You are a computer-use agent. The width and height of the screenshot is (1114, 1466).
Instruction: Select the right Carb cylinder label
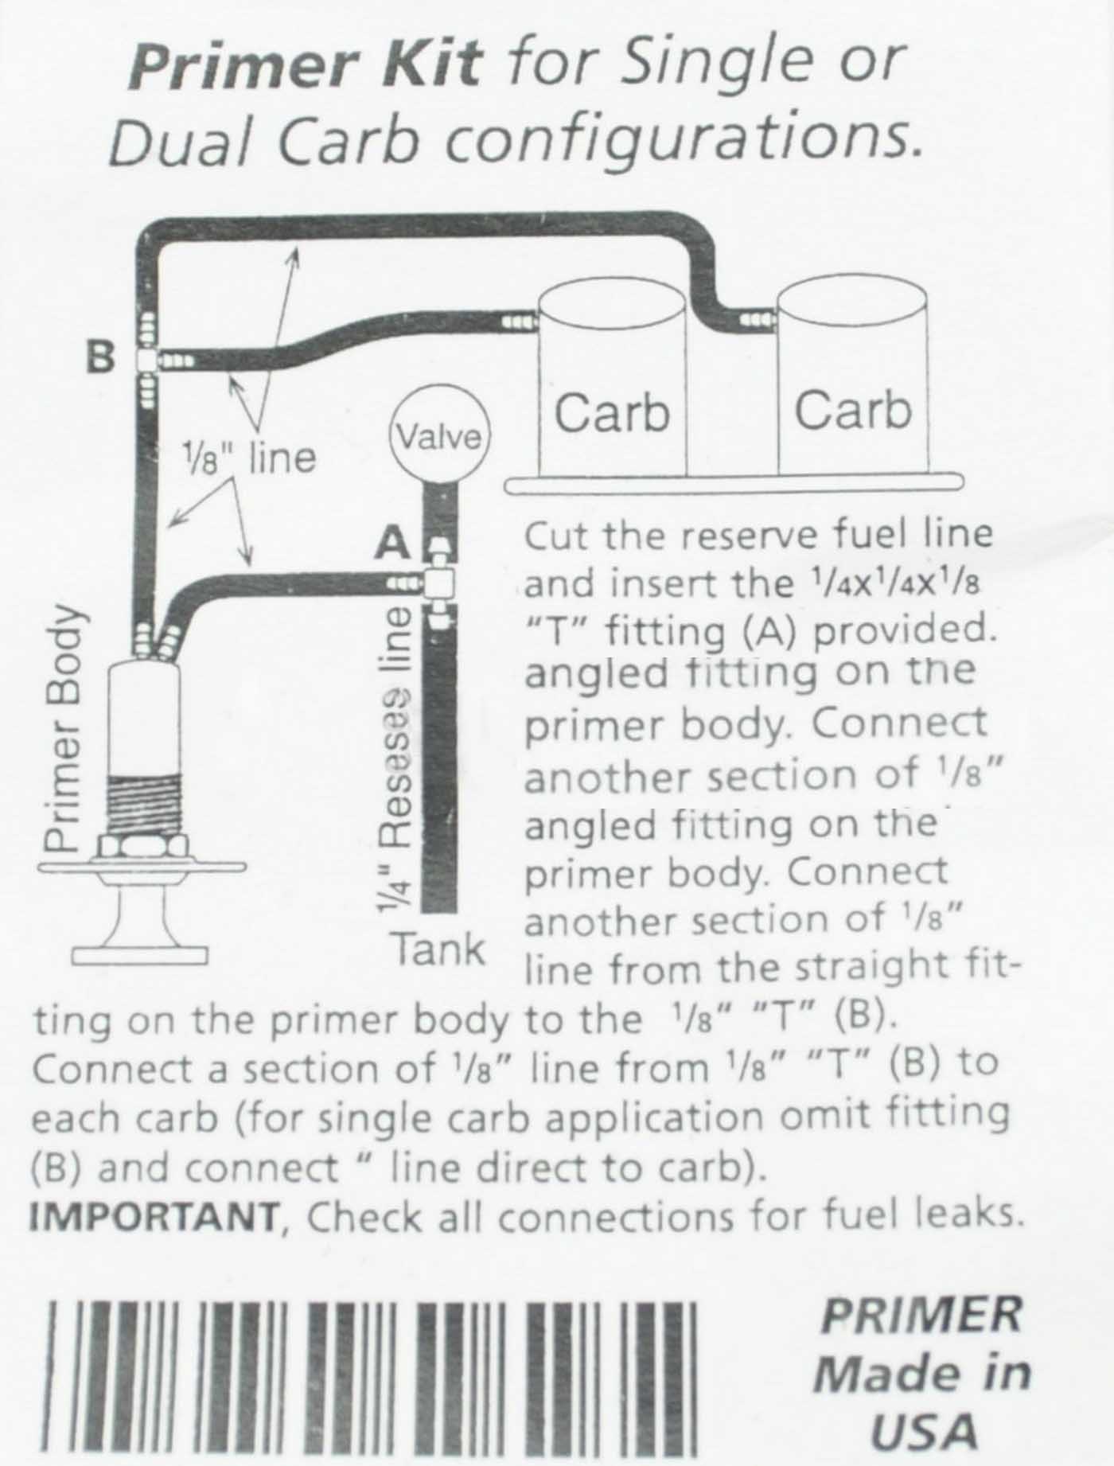(x=852, y=411)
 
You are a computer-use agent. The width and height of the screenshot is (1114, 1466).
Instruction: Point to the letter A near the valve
(x=392, y=544)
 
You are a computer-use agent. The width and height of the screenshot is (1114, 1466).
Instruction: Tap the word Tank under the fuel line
(x=438, y=949)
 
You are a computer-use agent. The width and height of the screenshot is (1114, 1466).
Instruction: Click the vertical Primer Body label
(x=63, y=727)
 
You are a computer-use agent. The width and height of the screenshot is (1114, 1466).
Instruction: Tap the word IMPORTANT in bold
(x=154, y=1217)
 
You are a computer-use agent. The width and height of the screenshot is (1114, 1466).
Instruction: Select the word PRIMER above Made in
(x=920, y=1314)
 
